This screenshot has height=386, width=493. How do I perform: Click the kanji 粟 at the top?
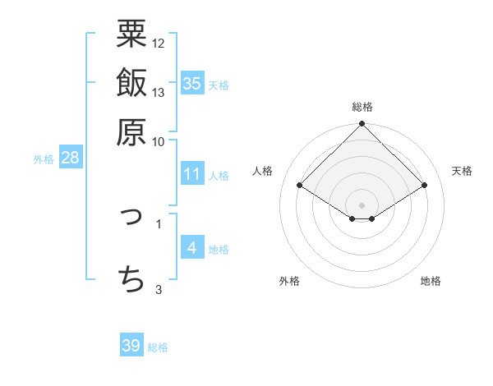(131, 34)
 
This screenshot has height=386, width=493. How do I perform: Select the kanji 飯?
(131, 83)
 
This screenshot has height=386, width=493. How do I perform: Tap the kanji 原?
(131, 131)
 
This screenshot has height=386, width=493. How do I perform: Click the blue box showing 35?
(192, 84)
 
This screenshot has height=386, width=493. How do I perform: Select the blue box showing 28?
(70, 159)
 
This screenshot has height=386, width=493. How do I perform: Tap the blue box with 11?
(192, 174)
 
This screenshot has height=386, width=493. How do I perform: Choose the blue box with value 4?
(192, 248)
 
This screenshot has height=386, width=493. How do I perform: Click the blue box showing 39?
(131, 346)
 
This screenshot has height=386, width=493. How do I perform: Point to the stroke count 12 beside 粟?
(159, 43)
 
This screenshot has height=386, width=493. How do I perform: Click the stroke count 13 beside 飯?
(159, 92)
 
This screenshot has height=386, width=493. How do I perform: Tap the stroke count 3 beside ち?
(159, 288)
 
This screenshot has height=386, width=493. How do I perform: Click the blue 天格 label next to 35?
(219, 85)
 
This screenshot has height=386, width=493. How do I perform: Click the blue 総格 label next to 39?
(158, 347)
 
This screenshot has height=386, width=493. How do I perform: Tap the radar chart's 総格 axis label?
(362, 107)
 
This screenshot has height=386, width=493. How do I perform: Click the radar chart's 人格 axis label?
(263, 171)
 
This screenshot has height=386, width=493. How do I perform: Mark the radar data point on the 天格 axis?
(425, 186)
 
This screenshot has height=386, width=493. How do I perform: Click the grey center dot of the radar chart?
(362, 204)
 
